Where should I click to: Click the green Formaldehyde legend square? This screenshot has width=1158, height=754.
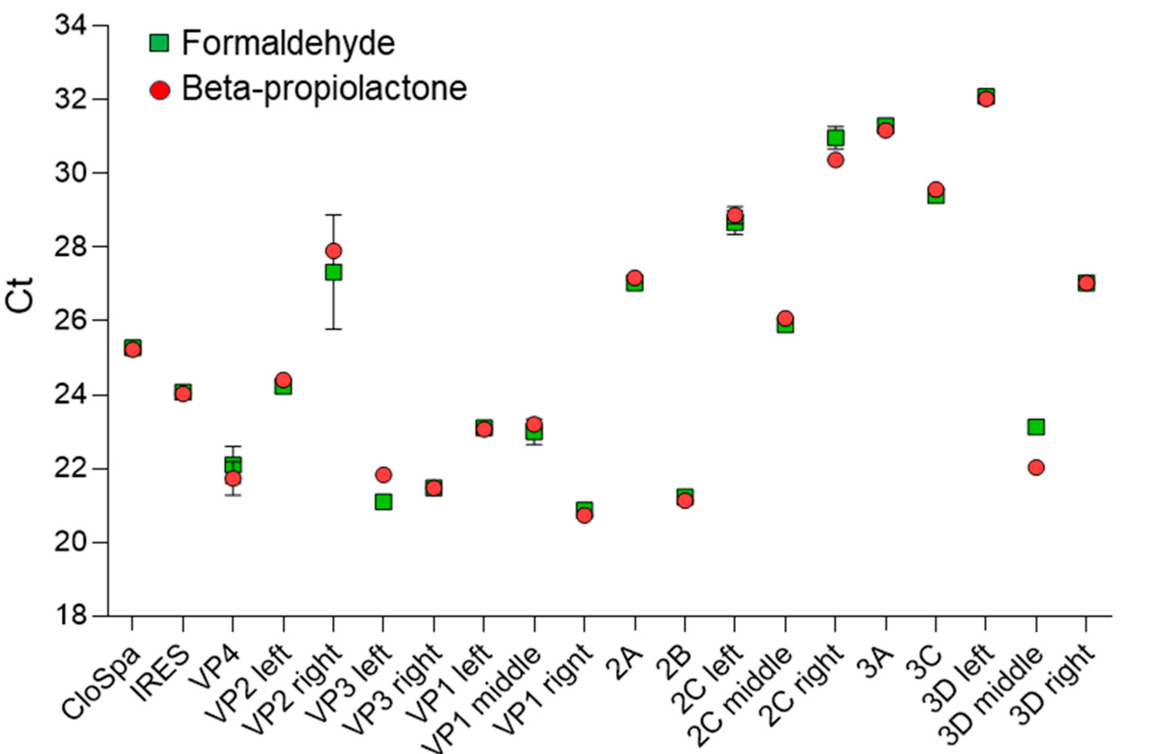159,43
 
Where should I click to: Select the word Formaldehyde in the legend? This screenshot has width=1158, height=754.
288,43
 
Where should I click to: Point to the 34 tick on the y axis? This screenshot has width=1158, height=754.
70,25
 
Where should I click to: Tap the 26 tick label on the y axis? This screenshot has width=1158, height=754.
70,320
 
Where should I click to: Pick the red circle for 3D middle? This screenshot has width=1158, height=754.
1036,467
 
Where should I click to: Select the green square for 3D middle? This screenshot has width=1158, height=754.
1036,427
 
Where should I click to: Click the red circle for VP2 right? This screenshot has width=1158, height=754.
333,251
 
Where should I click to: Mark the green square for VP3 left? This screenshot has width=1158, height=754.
384,501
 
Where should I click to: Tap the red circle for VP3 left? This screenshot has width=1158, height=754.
384,474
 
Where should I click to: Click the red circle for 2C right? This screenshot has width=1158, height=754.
835,160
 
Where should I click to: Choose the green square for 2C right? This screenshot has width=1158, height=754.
835,139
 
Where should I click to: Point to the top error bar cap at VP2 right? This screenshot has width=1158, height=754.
333,214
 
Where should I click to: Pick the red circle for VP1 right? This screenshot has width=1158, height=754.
584,515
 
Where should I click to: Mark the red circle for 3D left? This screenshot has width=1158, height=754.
986,99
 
